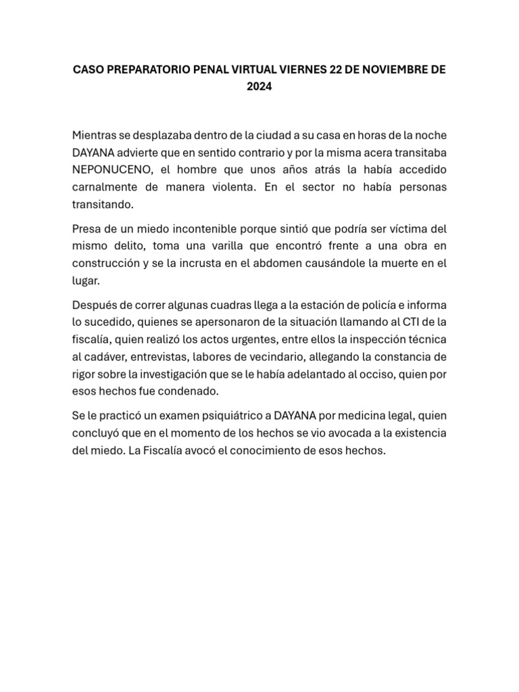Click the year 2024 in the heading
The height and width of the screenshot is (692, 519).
point(259,87)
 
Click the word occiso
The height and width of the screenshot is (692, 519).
point(382,374)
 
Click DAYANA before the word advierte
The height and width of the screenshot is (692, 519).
point(97,151)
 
